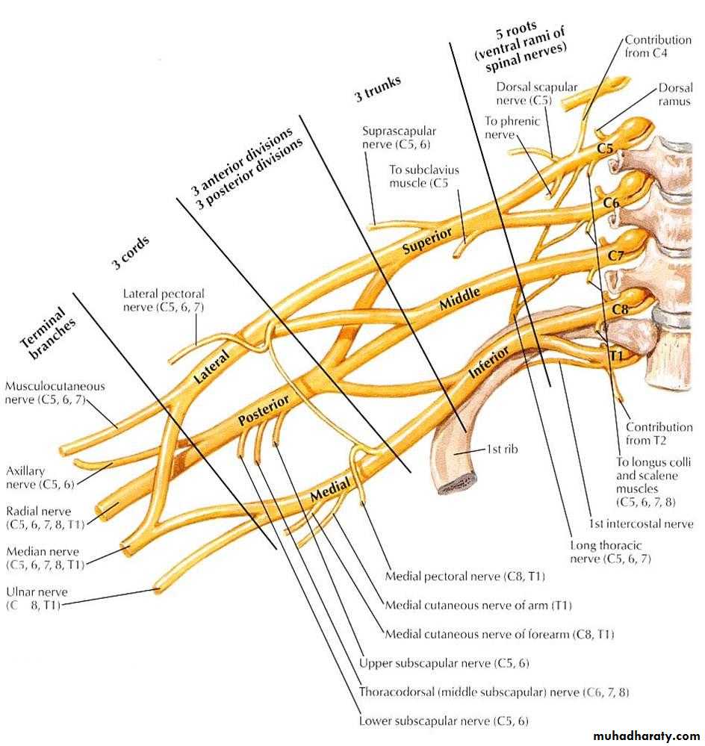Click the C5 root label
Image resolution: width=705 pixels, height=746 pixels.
click(x=605, y=149)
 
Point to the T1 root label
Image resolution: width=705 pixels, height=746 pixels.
click(x=615, y=355)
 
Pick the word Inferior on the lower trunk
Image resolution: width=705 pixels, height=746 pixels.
click(x=488, y=361)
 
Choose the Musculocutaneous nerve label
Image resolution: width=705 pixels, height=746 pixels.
click(x=55, y=394)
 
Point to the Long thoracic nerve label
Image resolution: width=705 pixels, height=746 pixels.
click(x=606, y=552)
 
